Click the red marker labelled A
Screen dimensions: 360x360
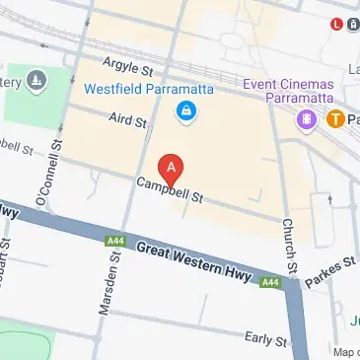[x=172, y=169]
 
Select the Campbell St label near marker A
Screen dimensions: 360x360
[x=170, y=188]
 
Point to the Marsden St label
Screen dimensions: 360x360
[x=106, y=285]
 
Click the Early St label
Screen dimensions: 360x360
[x=266, y=339]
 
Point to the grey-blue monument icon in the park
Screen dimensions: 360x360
[x=36, y=78]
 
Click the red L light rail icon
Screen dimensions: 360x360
[x=337, y=25]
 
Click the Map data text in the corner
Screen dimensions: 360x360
[x=344, y=352]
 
